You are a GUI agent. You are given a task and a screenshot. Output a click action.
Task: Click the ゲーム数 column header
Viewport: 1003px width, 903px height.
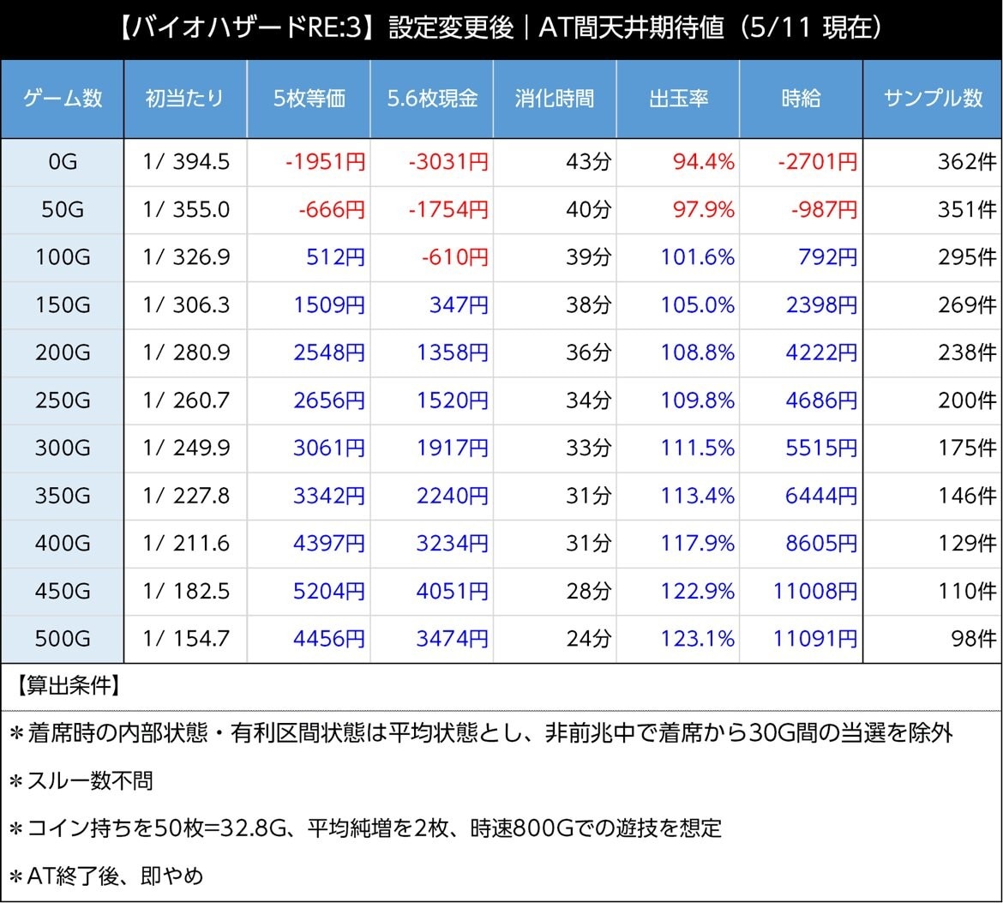[63, 98]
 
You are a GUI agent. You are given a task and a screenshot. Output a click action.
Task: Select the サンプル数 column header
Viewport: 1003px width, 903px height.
[933, 98]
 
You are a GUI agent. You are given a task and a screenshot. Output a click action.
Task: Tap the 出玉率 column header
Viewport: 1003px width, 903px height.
[678, 98]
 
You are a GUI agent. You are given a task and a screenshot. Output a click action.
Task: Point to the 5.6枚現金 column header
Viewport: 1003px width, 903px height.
[432, 98]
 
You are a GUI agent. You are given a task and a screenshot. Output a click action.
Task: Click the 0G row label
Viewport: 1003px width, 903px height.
[63, 161]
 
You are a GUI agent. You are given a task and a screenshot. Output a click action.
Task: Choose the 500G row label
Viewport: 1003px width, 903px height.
[63, 638]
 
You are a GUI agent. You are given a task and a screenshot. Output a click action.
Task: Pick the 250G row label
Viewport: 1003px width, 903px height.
[63, 400]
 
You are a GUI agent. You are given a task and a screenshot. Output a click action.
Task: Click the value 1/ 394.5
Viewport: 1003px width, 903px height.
[186, 161]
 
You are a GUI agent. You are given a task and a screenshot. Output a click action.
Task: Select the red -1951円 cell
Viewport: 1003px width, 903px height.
[325, 161]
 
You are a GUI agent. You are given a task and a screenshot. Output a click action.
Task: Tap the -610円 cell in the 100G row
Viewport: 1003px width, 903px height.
[455, 256]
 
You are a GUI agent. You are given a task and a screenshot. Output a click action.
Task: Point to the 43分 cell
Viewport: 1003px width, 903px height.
[588, 161]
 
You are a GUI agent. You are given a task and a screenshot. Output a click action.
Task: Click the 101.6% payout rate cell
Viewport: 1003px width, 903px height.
[697, 256]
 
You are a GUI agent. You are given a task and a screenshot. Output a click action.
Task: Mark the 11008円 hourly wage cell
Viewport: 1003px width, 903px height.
[815, 591]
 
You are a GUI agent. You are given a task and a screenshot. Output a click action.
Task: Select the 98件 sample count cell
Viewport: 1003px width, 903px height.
[974, 638]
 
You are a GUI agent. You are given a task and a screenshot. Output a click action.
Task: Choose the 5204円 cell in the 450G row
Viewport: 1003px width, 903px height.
[329, 591]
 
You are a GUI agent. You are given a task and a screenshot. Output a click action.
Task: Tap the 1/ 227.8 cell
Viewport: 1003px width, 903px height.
[186, 496]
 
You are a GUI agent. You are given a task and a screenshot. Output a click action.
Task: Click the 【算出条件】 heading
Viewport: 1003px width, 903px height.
[67, 686]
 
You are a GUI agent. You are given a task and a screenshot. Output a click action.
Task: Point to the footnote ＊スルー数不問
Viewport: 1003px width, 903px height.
[81, 780]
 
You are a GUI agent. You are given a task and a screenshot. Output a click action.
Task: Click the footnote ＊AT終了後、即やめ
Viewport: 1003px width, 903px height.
[106, 876]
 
